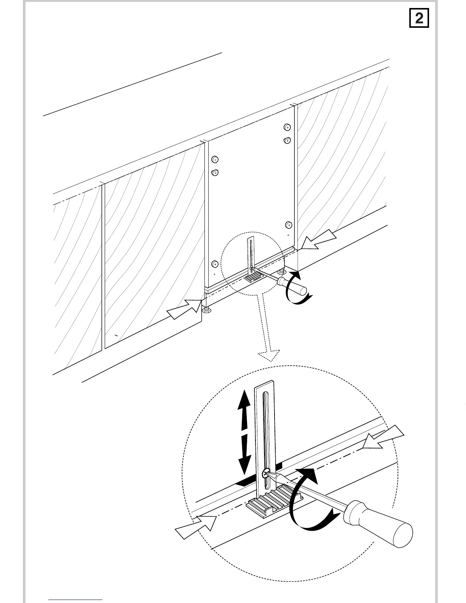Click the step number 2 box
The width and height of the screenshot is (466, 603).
click(419, 18)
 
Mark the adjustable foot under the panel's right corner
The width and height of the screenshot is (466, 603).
click(282, 272)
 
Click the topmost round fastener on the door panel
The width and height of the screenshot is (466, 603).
click(287, 127)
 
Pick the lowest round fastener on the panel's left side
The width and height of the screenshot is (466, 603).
click(215, 264)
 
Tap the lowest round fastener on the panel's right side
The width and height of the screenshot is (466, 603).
click(289, 224)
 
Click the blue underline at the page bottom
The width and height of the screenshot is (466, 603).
click(75, 600)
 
